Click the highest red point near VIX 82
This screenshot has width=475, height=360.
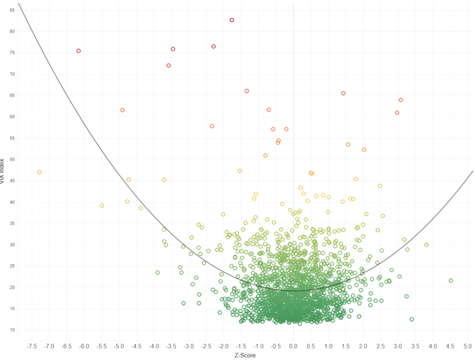[232, 20]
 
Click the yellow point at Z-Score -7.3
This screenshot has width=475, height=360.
[39, 172]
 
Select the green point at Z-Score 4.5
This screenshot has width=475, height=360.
[451, 280]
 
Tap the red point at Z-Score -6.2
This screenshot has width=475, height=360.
[79, 51]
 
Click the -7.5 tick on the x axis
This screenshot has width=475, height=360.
[32, 346]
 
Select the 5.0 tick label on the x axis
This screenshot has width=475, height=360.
[468, 346]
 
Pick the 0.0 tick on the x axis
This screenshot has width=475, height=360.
[293, 346]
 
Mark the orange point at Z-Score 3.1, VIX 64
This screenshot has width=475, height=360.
[401, 100]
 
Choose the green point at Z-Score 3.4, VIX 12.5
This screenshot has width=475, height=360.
[412, 319]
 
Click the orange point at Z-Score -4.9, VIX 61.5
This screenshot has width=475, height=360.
[123, 110]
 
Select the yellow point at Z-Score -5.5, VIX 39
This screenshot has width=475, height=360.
[102, 206]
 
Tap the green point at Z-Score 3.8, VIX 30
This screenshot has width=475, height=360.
[426, 245]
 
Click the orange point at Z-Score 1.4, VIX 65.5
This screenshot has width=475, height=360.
[343, 93]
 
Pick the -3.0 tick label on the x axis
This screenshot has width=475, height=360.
[189, 346]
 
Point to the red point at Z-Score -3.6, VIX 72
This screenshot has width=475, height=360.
[168, 66]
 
